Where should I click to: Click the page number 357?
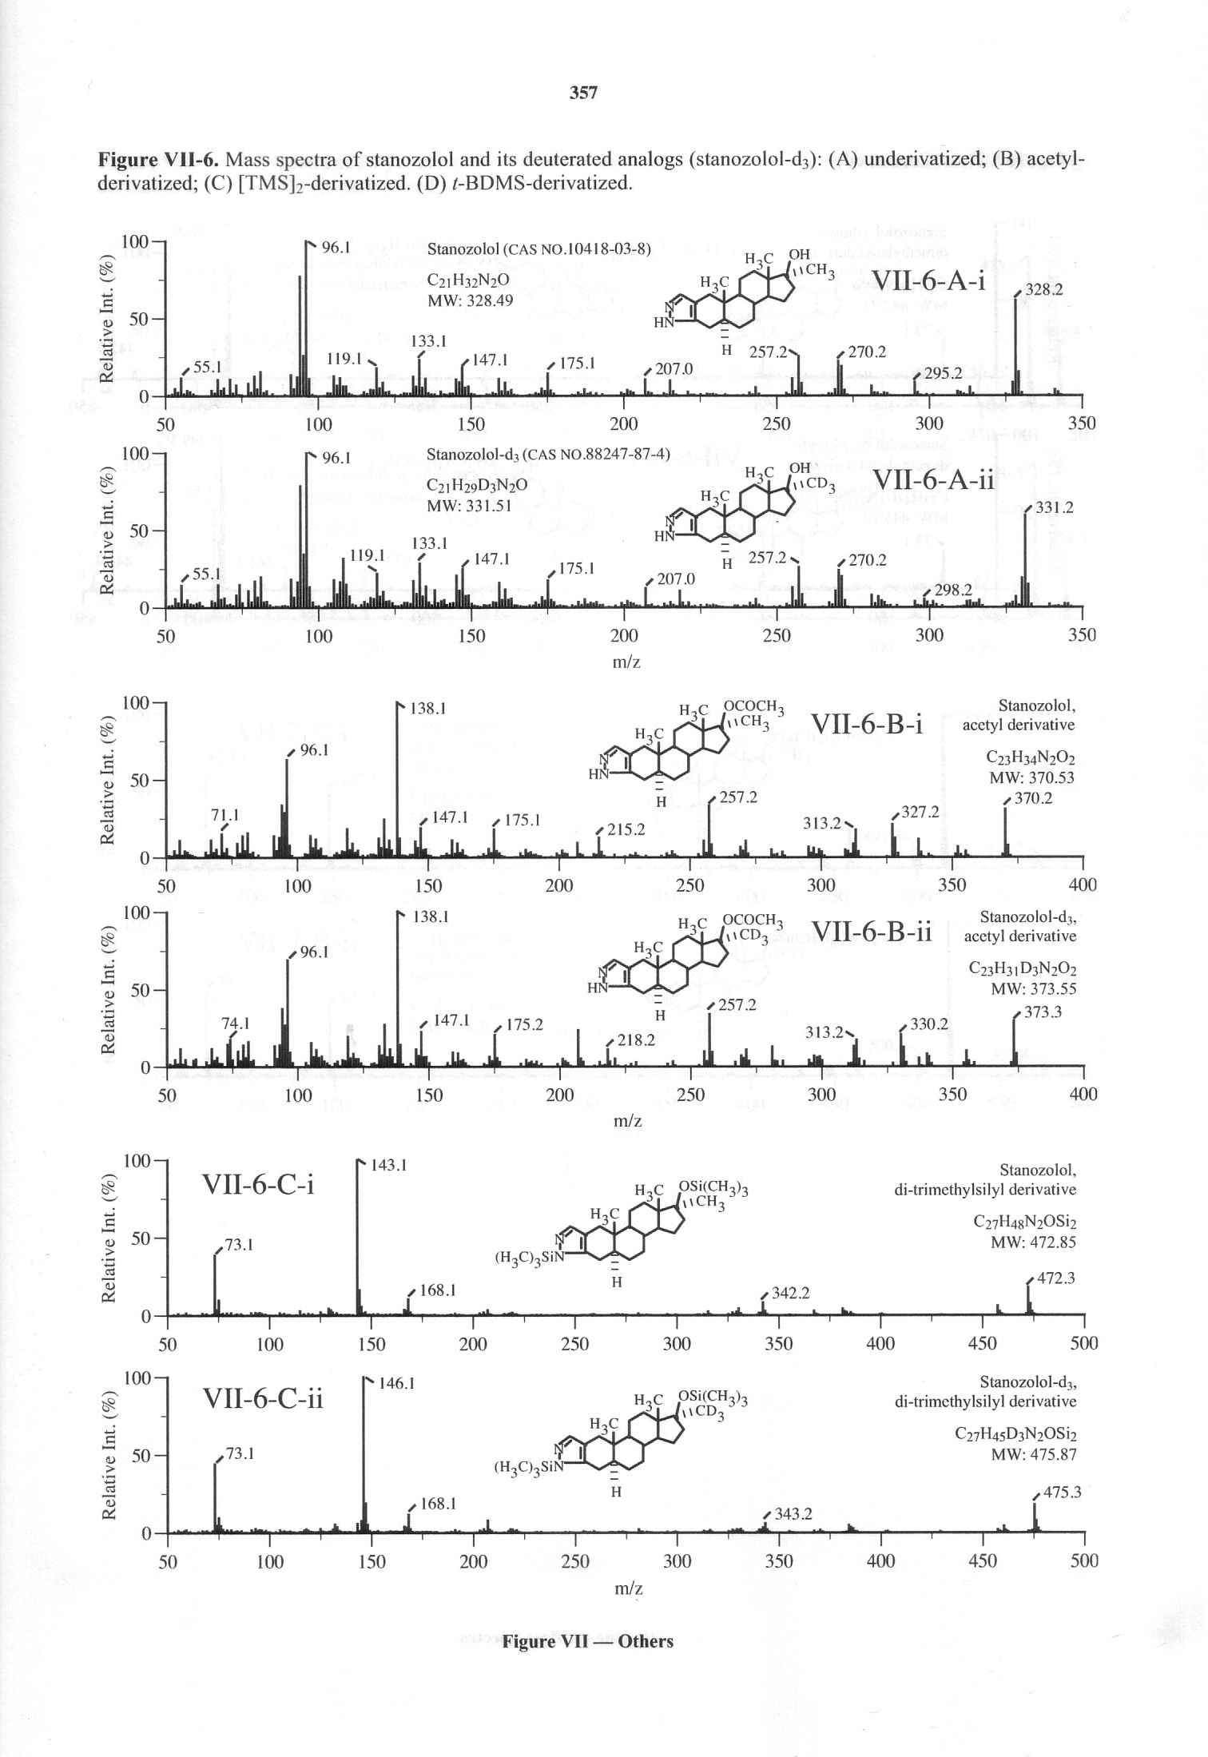click(583, 93)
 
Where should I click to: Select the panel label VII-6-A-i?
click(928, 281)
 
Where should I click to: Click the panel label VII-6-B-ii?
click(872, 931)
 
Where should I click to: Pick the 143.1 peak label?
click(389, 1165)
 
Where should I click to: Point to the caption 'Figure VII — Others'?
click(587, 1641)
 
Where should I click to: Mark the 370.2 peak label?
click(1035, 797)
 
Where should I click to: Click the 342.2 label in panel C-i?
click(790, 1293)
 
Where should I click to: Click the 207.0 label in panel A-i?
click(674, 368)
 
